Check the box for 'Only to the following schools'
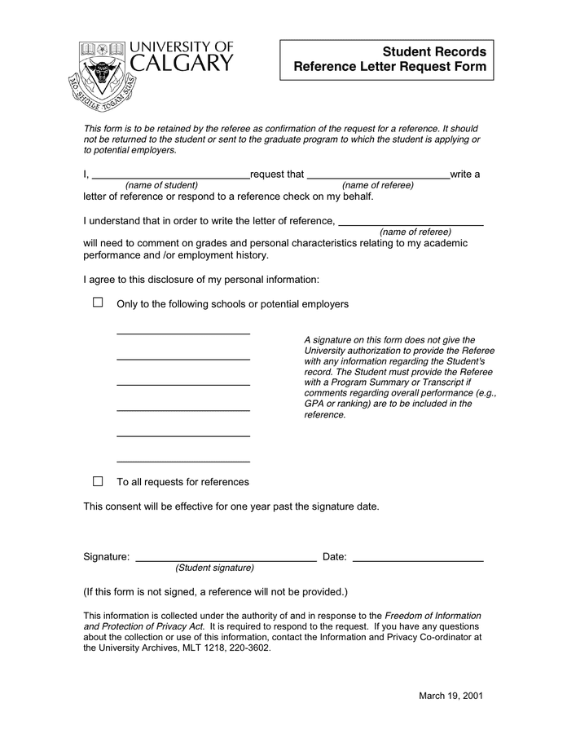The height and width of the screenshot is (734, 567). point(98,303)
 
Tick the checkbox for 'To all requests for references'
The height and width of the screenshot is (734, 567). point(98,481)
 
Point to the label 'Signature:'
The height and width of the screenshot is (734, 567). point(107,557)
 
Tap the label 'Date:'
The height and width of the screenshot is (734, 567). point(335,557)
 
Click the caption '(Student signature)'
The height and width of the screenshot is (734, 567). point(214,568)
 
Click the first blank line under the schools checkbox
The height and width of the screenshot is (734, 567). point(183,334)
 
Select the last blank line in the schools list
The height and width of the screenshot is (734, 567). point(183,461)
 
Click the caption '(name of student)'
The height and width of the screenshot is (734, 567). point(161,185)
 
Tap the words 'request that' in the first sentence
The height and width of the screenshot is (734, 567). point(277,175)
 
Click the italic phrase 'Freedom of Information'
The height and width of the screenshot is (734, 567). point(433,616)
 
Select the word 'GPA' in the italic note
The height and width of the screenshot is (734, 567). point(314,404)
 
